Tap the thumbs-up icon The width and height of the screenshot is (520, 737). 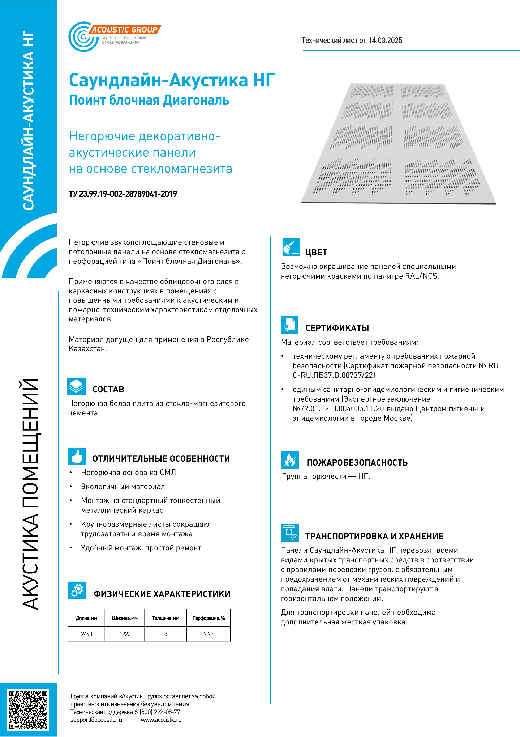point(77,456)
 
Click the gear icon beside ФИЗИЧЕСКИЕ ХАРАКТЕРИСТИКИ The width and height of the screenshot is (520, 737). point(77,590)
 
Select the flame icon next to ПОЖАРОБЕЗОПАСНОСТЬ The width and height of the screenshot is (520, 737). point(290,460)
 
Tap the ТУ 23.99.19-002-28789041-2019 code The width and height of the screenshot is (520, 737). point(123,194)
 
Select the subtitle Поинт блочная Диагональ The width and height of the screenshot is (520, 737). point(149,100)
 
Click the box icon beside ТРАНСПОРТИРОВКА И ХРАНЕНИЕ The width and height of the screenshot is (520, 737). point(290,533)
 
